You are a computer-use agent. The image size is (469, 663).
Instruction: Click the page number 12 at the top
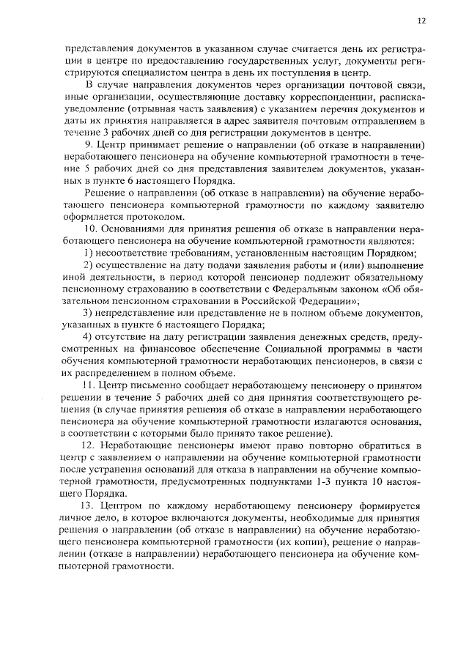point(421,21)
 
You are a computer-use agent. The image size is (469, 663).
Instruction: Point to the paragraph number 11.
point(90,385)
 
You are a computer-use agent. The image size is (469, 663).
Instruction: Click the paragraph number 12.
point(90,445)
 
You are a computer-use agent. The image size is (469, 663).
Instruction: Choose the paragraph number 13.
point(90,505)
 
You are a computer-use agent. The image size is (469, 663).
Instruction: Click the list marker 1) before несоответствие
point(87,253)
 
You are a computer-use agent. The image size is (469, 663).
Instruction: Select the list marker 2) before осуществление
point(87,264)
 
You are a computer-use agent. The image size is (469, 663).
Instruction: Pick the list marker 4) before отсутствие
point(87,336)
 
